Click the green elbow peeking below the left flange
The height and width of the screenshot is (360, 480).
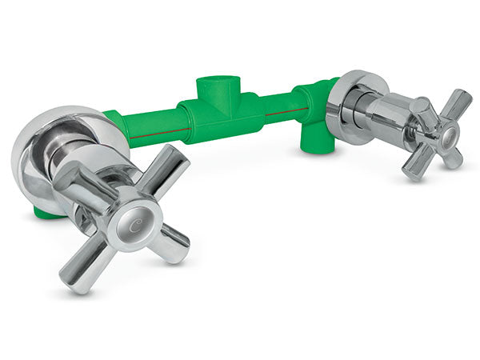(x=48, y=214)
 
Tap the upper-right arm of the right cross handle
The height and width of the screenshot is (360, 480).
(x=457, y=105)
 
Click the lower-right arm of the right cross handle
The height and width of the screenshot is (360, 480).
(x=454, y=158)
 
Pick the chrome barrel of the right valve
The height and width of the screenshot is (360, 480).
(x=384, y=116)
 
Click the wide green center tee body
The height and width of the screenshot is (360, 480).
(x=220, y=120)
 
